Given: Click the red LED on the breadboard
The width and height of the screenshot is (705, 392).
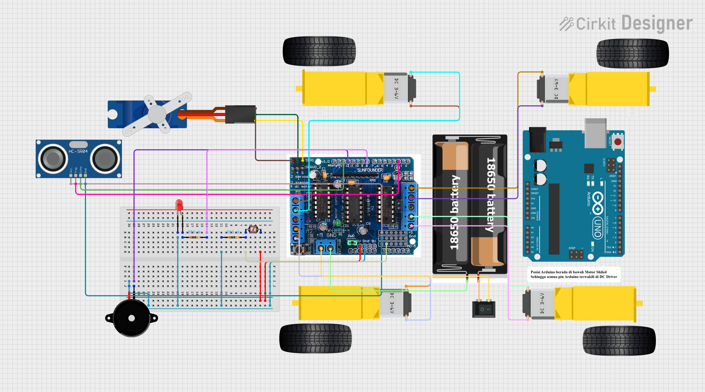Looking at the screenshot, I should coord(179,205).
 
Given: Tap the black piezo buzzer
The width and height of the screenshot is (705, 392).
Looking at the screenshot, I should coord(132,318).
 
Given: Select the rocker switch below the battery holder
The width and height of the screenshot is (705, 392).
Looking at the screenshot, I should coord(484,309).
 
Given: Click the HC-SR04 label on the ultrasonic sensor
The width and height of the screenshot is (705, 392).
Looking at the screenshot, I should coord(78,151).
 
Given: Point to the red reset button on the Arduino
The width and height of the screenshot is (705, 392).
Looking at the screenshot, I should coord(618,142).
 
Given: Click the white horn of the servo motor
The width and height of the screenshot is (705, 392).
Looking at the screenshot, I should coord(157,114).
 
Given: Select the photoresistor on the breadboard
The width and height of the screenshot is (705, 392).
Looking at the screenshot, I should coord(253,230).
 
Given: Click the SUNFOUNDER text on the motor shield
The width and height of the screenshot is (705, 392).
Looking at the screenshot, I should coord(370,170).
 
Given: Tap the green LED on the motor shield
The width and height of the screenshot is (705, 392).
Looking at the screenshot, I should coord(337,223).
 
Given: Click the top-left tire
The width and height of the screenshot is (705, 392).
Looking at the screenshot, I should coord(319,51).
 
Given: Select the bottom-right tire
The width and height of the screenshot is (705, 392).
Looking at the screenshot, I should coord(619,341).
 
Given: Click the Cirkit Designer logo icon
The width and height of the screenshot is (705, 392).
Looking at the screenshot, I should coord(566,24).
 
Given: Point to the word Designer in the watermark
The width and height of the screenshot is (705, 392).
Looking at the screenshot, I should coord(657,23).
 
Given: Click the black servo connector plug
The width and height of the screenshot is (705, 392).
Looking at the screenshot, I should coord(240,114).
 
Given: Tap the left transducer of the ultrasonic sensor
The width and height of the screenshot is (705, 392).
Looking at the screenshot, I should coord(53,159).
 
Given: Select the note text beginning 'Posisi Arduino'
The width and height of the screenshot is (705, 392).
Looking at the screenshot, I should coord(573,274).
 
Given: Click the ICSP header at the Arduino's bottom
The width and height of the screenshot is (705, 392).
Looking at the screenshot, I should coord(576,255).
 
